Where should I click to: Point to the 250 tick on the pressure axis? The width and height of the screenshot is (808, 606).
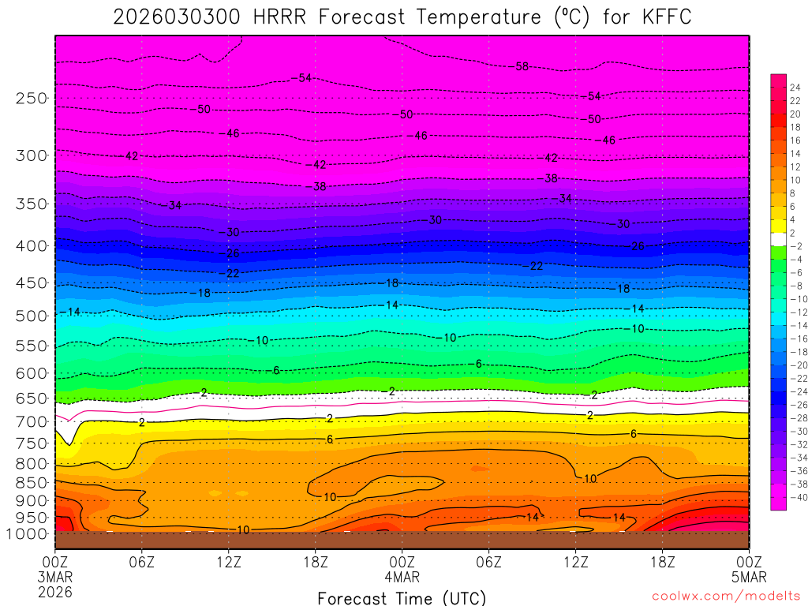32,99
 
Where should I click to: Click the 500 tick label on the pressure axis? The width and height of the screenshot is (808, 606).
32,316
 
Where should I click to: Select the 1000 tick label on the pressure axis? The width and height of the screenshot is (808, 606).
28,533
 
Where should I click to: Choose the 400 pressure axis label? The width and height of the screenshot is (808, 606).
32,245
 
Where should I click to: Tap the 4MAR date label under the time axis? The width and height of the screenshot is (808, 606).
402,577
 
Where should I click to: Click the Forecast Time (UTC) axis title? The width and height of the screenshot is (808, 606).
402,597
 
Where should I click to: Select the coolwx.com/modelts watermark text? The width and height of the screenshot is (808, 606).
725,595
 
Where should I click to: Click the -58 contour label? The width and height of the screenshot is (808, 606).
521,66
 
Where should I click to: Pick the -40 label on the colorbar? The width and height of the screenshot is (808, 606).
793,497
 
